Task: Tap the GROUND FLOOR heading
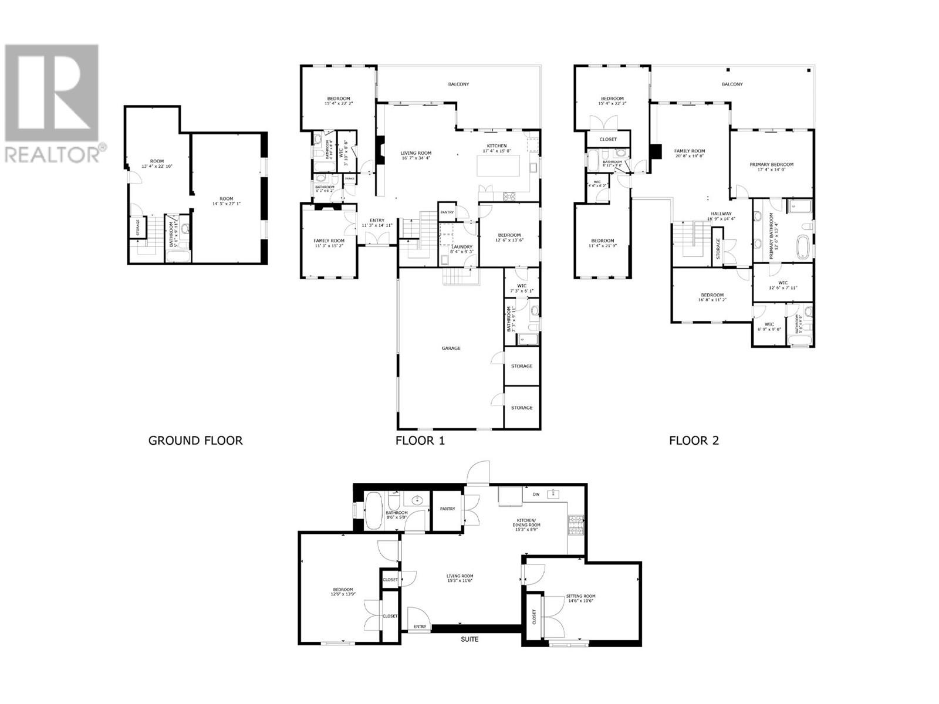[x=195, y=441]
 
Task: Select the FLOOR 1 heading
[x=420, y=441]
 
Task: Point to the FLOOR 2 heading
[x=694, y=441]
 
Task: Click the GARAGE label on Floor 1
[x=451, y=348]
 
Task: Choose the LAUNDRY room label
[x=461, y=247]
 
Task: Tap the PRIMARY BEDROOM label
[x=771, y=165]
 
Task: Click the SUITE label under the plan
[x=469, y=639]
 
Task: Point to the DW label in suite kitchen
[x=536, y=495]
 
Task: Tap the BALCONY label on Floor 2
[x=732, y=84]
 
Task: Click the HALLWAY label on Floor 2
[x=721, y=214]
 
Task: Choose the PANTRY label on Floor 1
[x=447, y=212]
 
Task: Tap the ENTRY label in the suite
[x=420, y=627]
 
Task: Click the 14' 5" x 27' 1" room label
[x=226, y=201]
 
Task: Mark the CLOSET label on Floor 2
[x=608, y=140]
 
